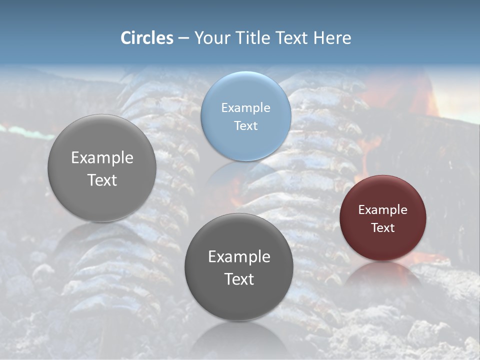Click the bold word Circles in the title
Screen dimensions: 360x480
click(x=147, y=38)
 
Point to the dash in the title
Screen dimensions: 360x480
click(x=183, y=38)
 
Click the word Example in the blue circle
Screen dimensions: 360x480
click(x=245, y=107)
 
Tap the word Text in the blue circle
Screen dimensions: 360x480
click(x=245, y=125)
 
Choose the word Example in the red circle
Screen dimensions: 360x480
click(x=382, y=209)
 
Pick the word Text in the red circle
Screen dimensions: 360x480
click(x=382, y=227)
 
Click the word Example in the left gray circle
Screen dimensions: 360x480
click(x=102, y=157)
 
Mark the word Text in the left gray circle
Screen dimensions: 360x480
click(x=102, y=180)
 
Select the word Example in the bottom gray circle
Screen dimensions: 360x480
click(x=239, y=256)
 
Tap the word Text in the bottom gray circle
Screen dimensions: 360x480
click(x=239, y=279)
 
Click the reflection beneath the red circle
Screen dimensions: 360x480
click(x=382, y=275)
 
